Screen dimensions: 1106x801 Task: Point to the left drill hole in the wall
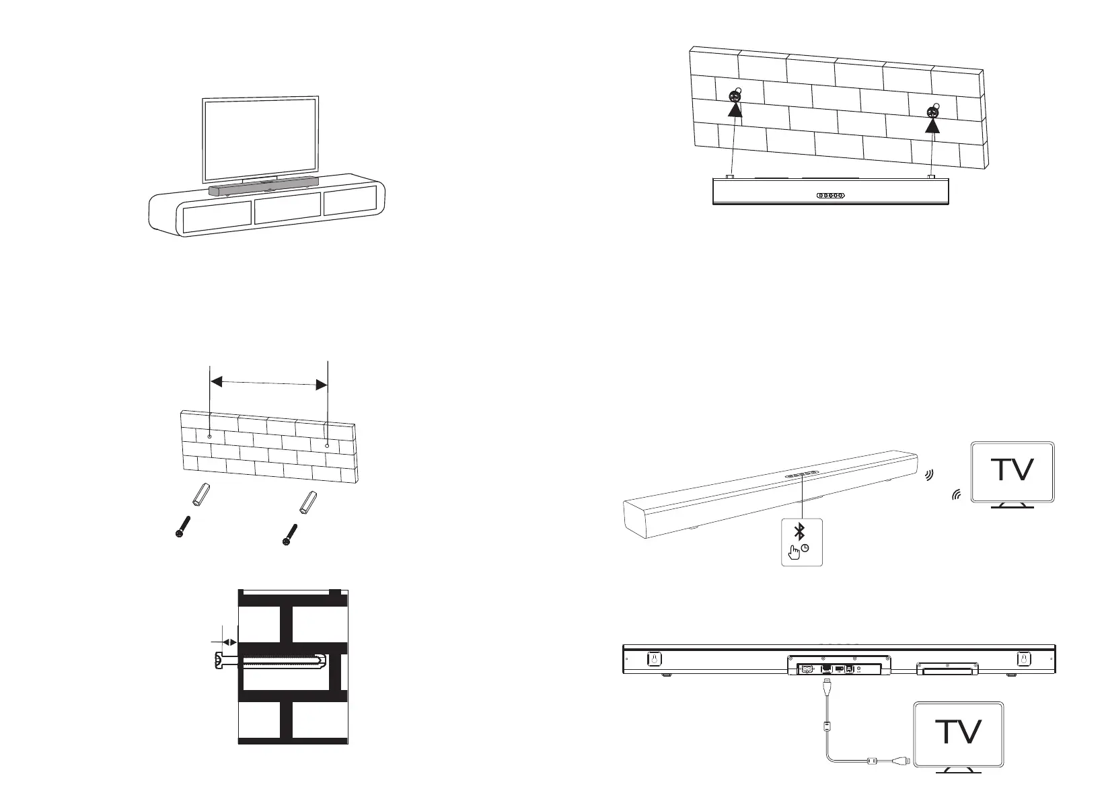click(x=209, y=437)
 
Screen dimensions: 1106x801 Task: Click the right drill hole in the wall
click(x=327, y=445)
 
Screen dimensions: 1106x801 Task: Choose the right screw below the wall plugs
click(x=289, y=536)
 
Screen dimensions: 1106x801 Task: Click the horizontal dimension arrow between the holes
click(x=268, y=383)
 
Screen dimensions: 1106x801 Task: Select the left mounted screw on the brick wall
click(x=735, y=96)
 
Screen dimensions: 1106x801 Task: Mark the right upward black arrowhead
click(x=932, y=127)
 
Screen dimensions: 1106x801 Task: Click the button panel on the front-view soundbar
click(x=831, y=196)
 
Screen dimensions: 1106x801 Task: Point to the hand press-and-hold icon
click(x=795, y=551)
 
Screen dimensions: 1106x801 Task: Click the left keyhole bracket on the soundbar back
click(x=652, y=659)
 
